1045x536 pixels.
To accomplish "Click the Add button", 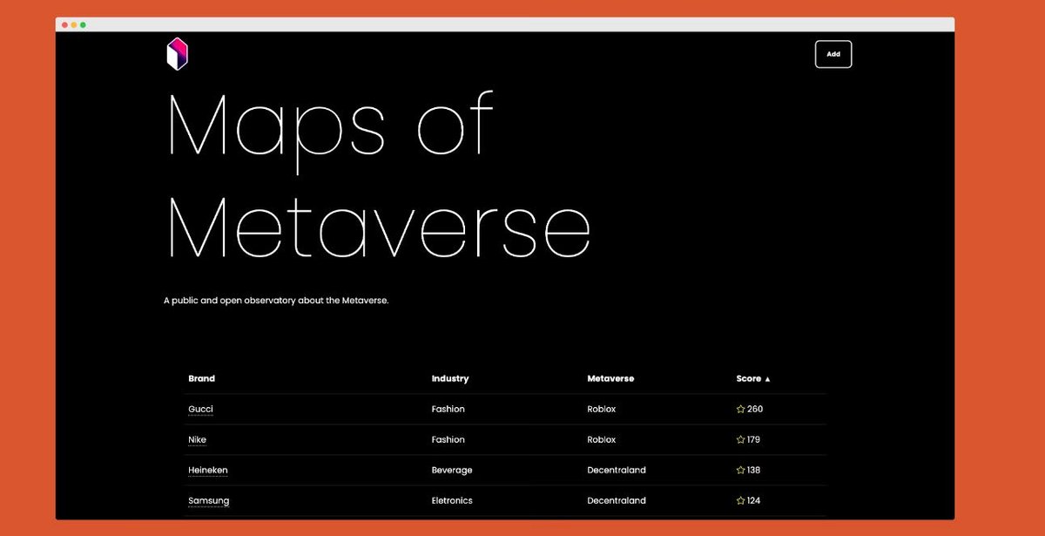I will point(833,54).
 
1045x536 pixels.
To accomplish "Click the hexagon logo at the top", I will point(178,54).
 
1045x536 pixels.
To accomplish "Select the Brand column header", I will point(201,379).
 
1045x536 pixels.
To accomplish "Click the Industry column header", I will point(450,379).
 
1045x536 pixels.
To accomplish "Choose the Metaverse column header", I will point(610,379).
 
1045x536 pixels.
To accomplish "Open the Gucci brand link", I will point(200,410).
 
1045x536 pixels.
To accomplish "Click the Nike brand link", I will point(197,440).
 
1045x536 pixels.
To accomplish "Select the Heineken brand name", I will point(208,471).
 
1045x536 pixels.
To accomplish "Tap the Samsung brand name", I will point(209,501).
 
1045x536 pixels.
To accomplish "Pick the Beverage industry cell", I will point(452,471).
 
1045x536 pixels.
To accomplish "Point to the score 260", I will point(755,410).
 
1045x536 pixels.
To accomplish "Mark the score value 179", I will point(753,440).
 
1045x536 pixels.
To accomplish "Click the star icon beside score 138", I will point(740,471).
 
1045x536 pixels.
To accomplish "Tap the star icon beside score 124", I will point(740,501).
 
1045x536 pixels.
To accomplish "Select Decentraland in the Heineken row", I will point(617,471).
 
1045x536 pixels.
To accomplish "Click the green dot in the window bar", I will point(83,24).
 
